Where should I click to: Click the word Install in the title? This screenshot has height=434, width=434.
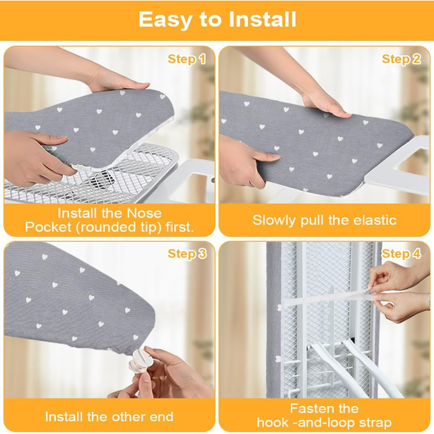[262, 19]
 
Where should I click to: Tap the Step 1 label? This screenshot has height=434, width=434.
[187, 60]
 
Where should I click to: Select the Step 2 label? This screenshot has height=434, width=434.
[401, 60]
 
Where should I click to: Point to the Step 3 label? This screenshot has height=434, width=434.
[187, 254]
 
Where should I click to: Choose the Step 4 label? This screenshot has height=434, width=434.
[401, 254]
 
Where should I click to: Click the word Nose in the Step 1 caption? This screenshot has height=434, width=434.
[144, 213]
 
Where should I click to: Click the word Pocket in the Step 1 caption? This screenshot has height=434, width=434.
[48, 228]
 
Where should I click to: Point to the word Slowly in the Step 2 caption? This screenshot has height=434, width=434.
[274, 221]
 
